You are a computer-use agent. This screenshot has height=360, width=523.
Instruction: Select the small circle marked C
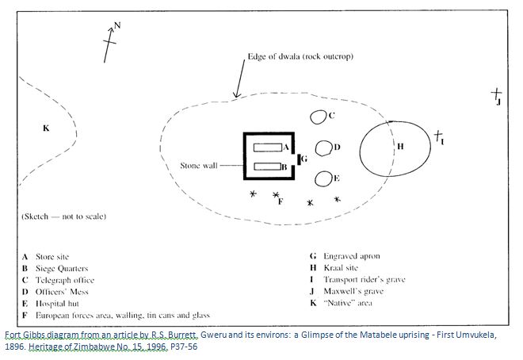[x=319, y=117]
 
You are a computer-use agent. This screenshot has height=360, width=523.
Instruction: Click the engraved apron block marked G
[x=300, y=159]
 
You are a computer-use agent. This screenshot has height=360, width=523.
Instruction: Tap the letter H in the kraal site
[x=400, y=147]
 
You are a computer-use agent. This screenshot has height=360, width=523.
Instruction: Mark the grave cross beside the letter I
[x=437, y=136]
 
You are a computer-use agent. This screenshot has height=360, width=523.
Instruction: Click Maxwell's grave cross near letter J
[x=496, y=94]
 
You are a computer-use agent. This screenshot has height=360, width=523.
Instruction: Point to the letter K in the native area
[x=45, y=128]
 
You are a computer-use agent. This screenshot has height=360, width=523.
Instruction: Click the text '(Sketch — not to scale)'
[x=64, y=216]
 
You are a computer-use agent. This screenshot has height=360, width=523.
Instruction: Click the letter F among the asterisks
[x=281, y=201]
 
